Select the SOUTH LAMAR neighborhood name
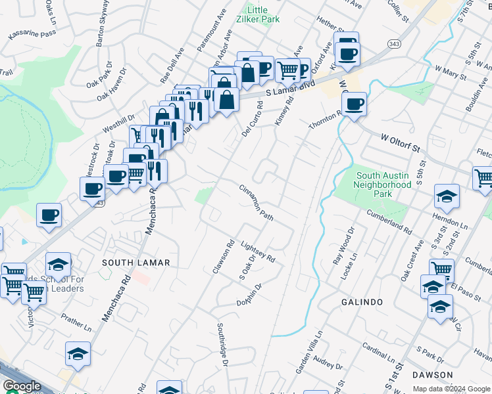(x=136, y=263)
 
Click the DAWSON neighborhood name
(x=433, y=375)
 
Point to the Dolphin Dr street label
(x=250, y=295)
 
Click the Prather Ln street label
(x=77, y=322)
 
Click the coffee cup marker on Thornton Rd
(x=355, y=103)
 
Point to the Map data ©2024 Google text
(x=451, y=389)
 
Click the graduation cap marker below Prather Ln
(x=78, y=354)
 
